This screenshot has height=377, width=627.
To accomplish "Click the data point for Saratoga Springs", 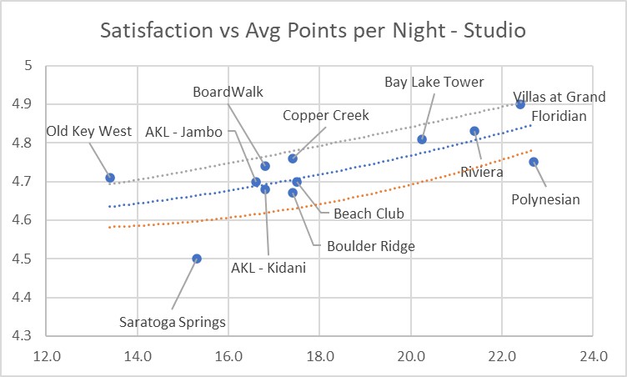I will [197, 259].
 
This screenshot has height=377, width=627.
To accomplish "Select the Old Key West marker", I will [110, 178].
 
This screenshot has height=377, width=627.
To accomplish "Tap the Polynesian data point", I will [534, 162].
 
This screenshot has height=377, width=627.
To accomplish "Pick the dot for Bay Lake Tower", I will [422, 139].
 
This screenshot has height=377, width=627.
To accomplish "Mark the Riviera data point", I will [474, 131].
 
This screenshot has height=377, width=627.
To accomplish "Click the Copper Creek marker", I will [293, 158].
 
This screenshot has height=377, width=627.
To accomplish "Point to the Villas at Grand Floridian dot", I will [520, 104].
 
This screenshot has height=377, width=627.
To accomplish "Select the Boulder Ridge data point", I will [293, 193].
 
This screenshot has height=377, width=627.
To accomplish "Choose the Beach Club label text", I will [368, 214].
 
